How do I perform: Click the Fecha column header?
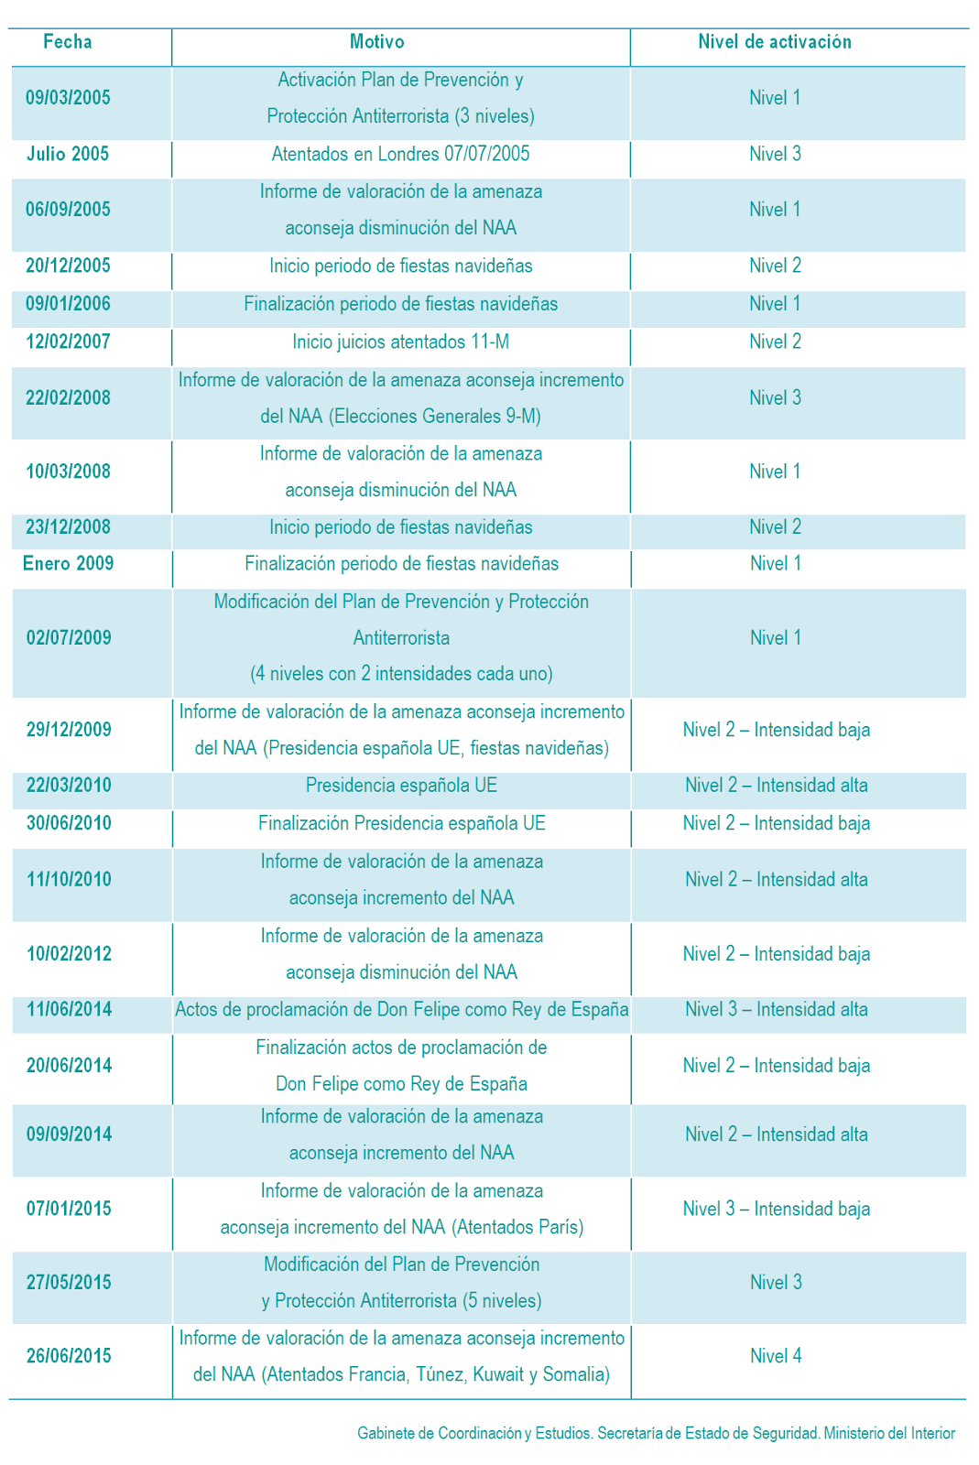[x=68, y=42]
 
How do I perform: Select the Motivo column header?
[x=376, y=42]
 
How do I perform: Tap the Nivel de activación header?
[x=775, y=42]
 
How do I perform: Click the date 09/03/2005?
[x=68, y=98]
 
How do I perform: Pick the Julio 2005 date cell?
[x=68, y=154]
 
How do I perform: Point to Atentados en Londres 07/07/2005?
[x=400, y=154]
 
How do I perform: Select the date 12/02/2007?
[x=68, y=342]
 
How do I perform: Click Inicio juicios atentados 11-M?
[x=400, y=342]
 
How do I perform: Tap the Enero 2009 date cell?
[x=68, y=564]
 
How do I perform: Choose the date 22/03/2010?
[x=69, y=786]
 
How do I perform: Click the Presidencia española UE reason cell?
[x=401, y=786]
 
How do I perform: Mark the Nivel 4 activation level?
[x=776, y=1356]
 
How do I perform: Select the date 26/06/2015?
[x=69, y=1356]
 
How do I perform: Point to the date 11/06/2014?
[x=69, y=1010]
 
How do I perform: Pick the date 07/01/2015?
[x=69, y=1210]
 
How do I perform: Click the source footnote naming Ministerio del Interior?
[x=656, y=1434]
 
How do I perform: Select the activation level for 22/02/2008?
[x=775, y=398]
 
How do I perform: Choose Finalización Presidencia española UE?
[x=401, y=824]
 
